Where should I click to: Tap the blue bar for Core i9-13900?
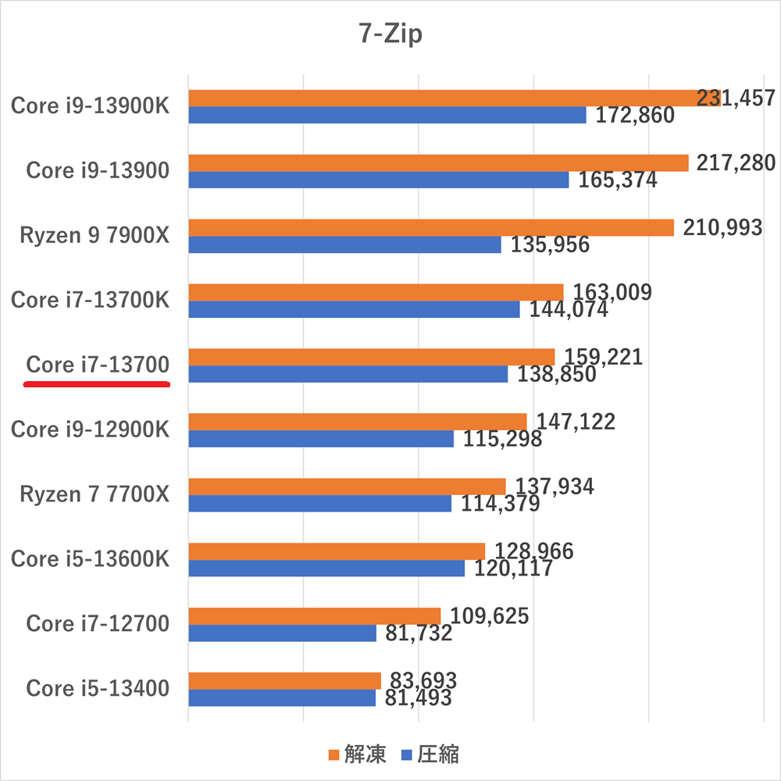379,180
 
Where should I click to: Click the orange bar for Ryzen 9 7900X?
430,227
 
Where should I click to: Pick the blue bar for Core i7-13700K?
354,309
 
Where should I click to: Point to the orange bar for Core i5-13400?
284,680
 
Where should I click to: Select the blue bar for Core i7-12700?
282,633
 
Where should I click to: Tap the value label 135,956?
550,244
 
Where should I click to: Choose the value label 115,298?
502,439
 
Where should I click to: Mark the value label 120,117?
514,569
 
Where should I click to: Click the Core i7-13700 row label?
98,365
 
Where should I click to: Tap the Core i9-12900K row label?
90,430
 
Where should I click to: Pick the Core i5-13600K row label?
90,559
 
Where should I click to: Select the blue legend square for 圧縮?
405,754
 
